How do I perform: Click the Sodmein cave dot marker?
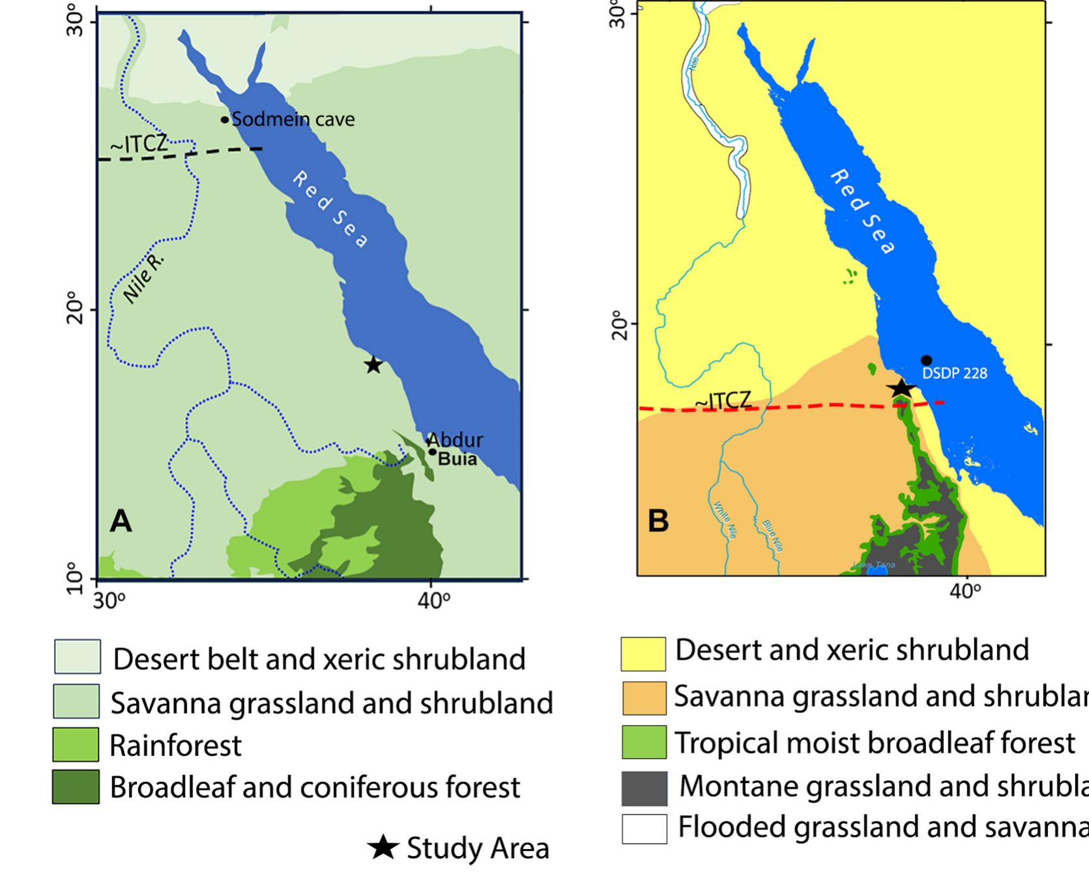[x=225, y=120]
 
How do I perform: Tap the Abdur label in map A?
[x=455, y=439]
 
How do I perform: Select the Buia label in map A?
[x=457, y=459]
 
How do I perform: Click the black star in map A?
[x=373, y=365]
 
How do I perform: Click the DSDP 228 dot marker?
[x=926, y=361]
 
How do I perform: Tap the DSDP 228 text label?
[x=954, y=374]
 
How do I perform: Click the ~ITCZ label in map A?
[x=139, y=144]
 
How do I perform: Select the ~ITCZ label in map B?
[x=723, y=402]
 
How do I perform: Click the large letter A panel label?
[x=121, y=521]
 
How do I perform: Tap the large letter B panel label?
[x=658, y=521]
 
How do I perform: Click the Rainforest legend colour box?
[x=76, y=745]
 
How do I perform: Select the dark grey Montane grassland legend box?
[x=644, y=788]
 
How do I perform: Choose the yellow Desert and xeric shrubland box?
[x=643, y=654]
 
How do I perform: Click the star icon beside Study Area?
[x=383, y=848]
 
